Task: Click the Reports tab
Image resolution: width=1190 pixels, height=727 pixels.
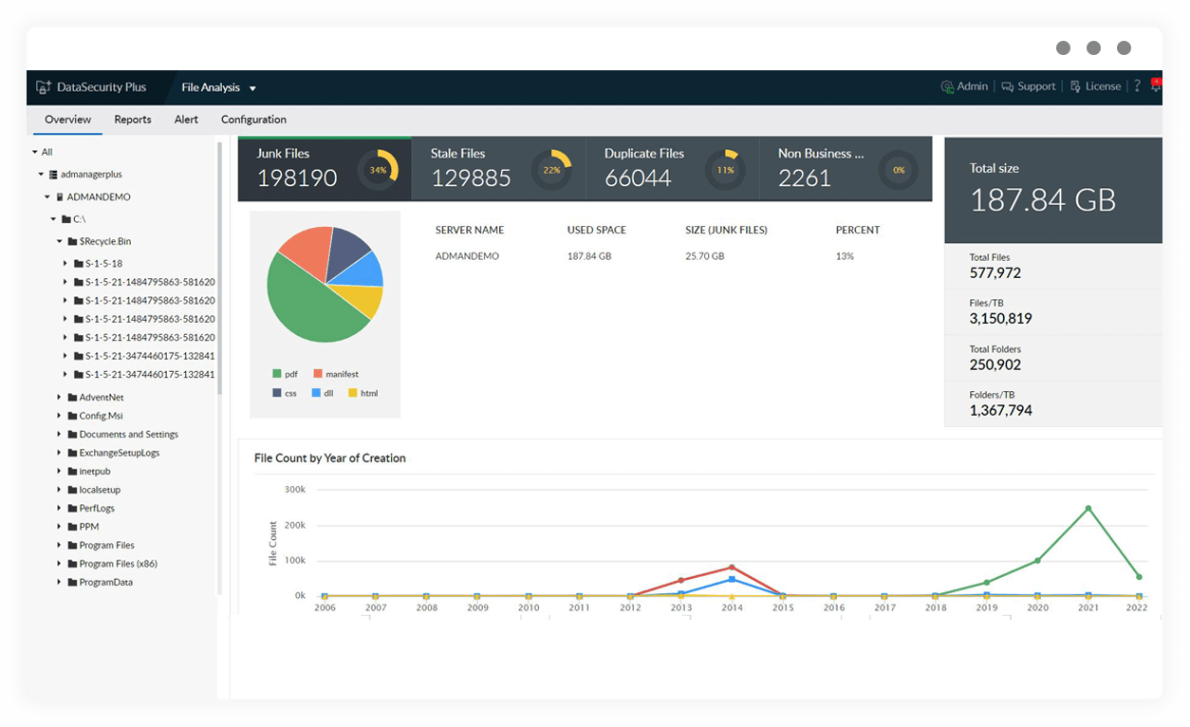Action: coord(133,120)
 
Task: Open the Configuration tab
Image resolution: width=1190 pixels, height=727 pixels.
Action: coord(253,120)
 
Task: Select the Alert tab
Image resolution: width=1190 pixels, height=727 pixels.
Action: coord(186,120)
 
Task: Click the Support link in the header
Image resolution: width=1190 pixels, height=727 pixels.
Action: coord(1029,86)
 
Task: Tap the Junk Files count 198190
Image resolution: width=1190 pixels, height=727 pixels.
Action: coord(297,177)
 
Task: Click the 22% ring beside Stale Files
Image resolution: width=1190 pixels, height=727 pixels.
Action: coord(551,170)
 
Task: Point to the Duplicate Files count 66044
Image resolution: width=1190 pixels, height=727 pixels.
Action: coord(638,177)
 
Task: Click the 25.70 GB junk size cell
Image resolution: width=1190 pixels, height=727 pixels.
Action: coord(704,256)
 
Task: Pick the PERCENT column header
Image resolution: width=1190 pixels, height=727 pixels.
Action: coord(857,230)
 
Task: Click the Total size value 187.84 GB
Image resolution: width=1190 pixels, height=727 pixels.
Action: coord(1042,199)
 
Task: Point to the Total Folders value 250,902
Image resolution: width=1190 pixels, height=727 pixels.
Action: coord(995,364)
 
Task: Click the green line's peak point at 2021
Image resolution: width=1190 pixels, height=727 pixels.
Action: coord(1088,509)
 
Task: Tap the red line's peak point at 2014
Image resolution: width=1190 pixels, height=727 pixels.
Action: coord(732,568)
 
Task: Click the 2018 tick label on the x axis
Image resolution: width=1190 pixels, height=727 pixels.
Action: coord(936,607)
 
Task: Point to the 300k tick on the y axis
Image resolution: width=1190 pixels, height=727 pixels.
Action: coord(294,490)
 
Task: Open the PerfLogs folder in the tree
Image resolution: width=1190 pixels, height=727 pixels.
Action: coord(97,509)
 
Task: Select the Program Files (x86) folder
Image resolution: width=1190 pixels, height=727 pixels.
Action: coord(118,564)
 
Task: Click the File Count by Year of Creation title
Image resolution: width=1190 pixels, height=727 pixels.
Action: coord(329,458)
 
